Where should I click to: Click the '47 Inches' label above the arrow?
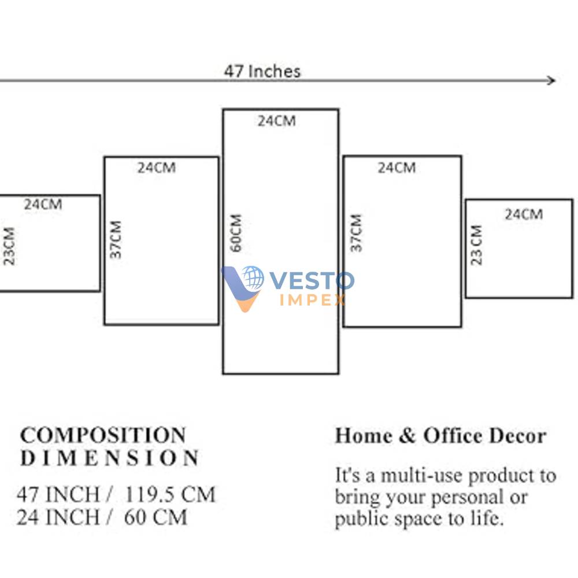click(x=262, y=71)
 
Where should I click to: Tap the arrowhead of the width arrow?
click(x=551, y=80)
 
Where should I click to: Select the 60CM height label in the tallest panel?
click(x=236, y=233)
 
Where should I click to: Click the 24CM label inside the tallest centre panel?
click(x=276, y=121)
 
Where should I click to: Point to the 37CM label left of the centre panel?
click(x=116, y=240)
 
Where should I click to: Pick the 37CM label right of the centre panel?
click(x=356, y=233)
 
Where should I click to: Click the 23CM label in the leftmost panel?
click(x=9, y=246)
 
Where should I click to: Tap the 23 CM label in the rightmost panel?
click(x=476, y=244)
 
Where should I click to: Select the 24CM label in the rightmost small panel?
click(x=524, y=214)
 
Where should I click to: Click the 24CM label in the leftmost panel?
click(x=43, y=204)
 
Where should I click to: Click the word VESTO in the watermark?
click(x=312, y=281)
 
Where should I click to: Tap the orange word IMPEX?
click(x=313, y=300)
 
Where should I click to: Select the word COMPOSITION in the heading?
click(x=103, y=435)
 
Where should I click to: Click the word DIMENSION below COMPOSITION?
click(x=109, y=458)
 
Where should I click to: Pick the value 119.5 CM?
click(x=170, y=494)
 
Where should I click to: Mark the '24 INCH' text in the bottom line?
click(x=58, y=517)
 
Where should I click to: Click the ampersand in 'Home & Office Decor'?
click(x=407, y=435)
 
